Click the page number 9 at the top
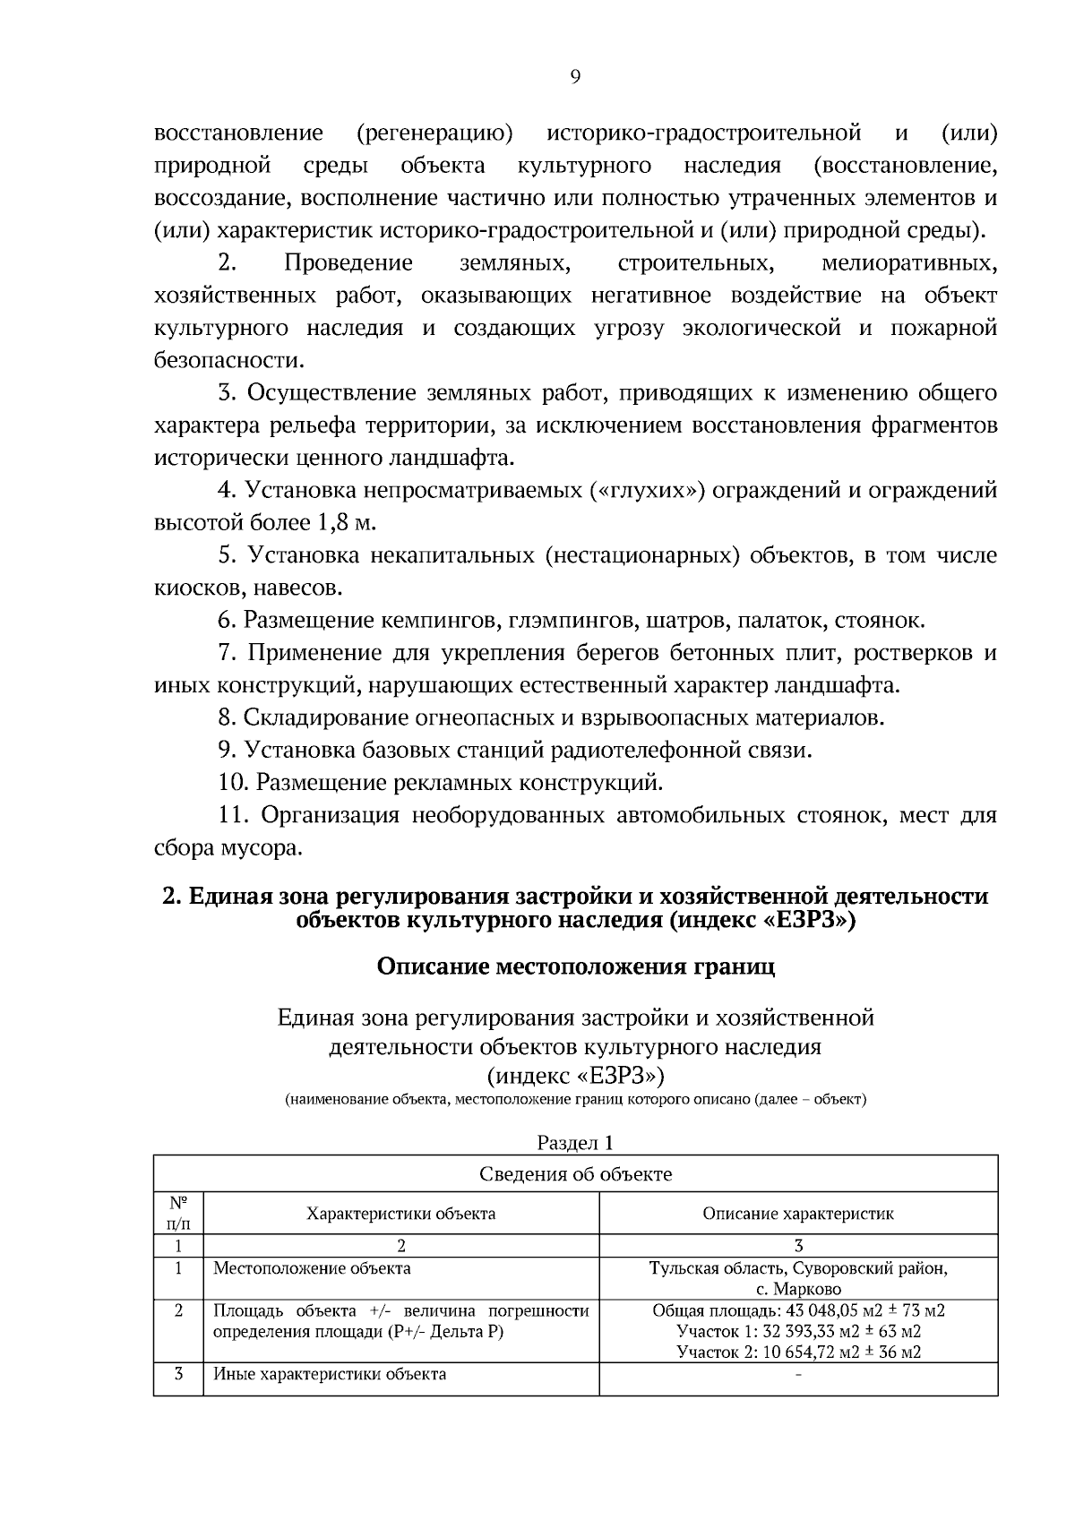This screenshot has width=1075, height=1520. click(x=575, y=77)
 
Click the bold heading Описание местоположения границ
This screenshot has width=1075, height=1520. click(x=575, y=966)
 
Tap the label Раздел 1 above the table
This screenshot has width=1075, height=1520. click(x=575, y=1142)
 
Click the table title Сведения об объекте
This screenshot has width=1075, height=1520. click(x=575, y=1173)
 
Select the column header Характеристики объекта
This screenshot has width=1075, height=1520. click(x=400, y=1214)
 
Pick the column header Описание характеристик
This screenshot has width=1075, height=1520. click(x=797, y=1214)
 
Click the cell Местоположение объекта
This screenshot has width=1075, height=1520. click(x=312, y=1268)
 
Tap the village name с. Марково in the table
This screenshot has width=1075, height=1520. click(x=797, y=1289)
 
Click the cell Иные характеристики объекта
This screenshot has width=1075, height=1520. click(x=330, y=1374)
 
